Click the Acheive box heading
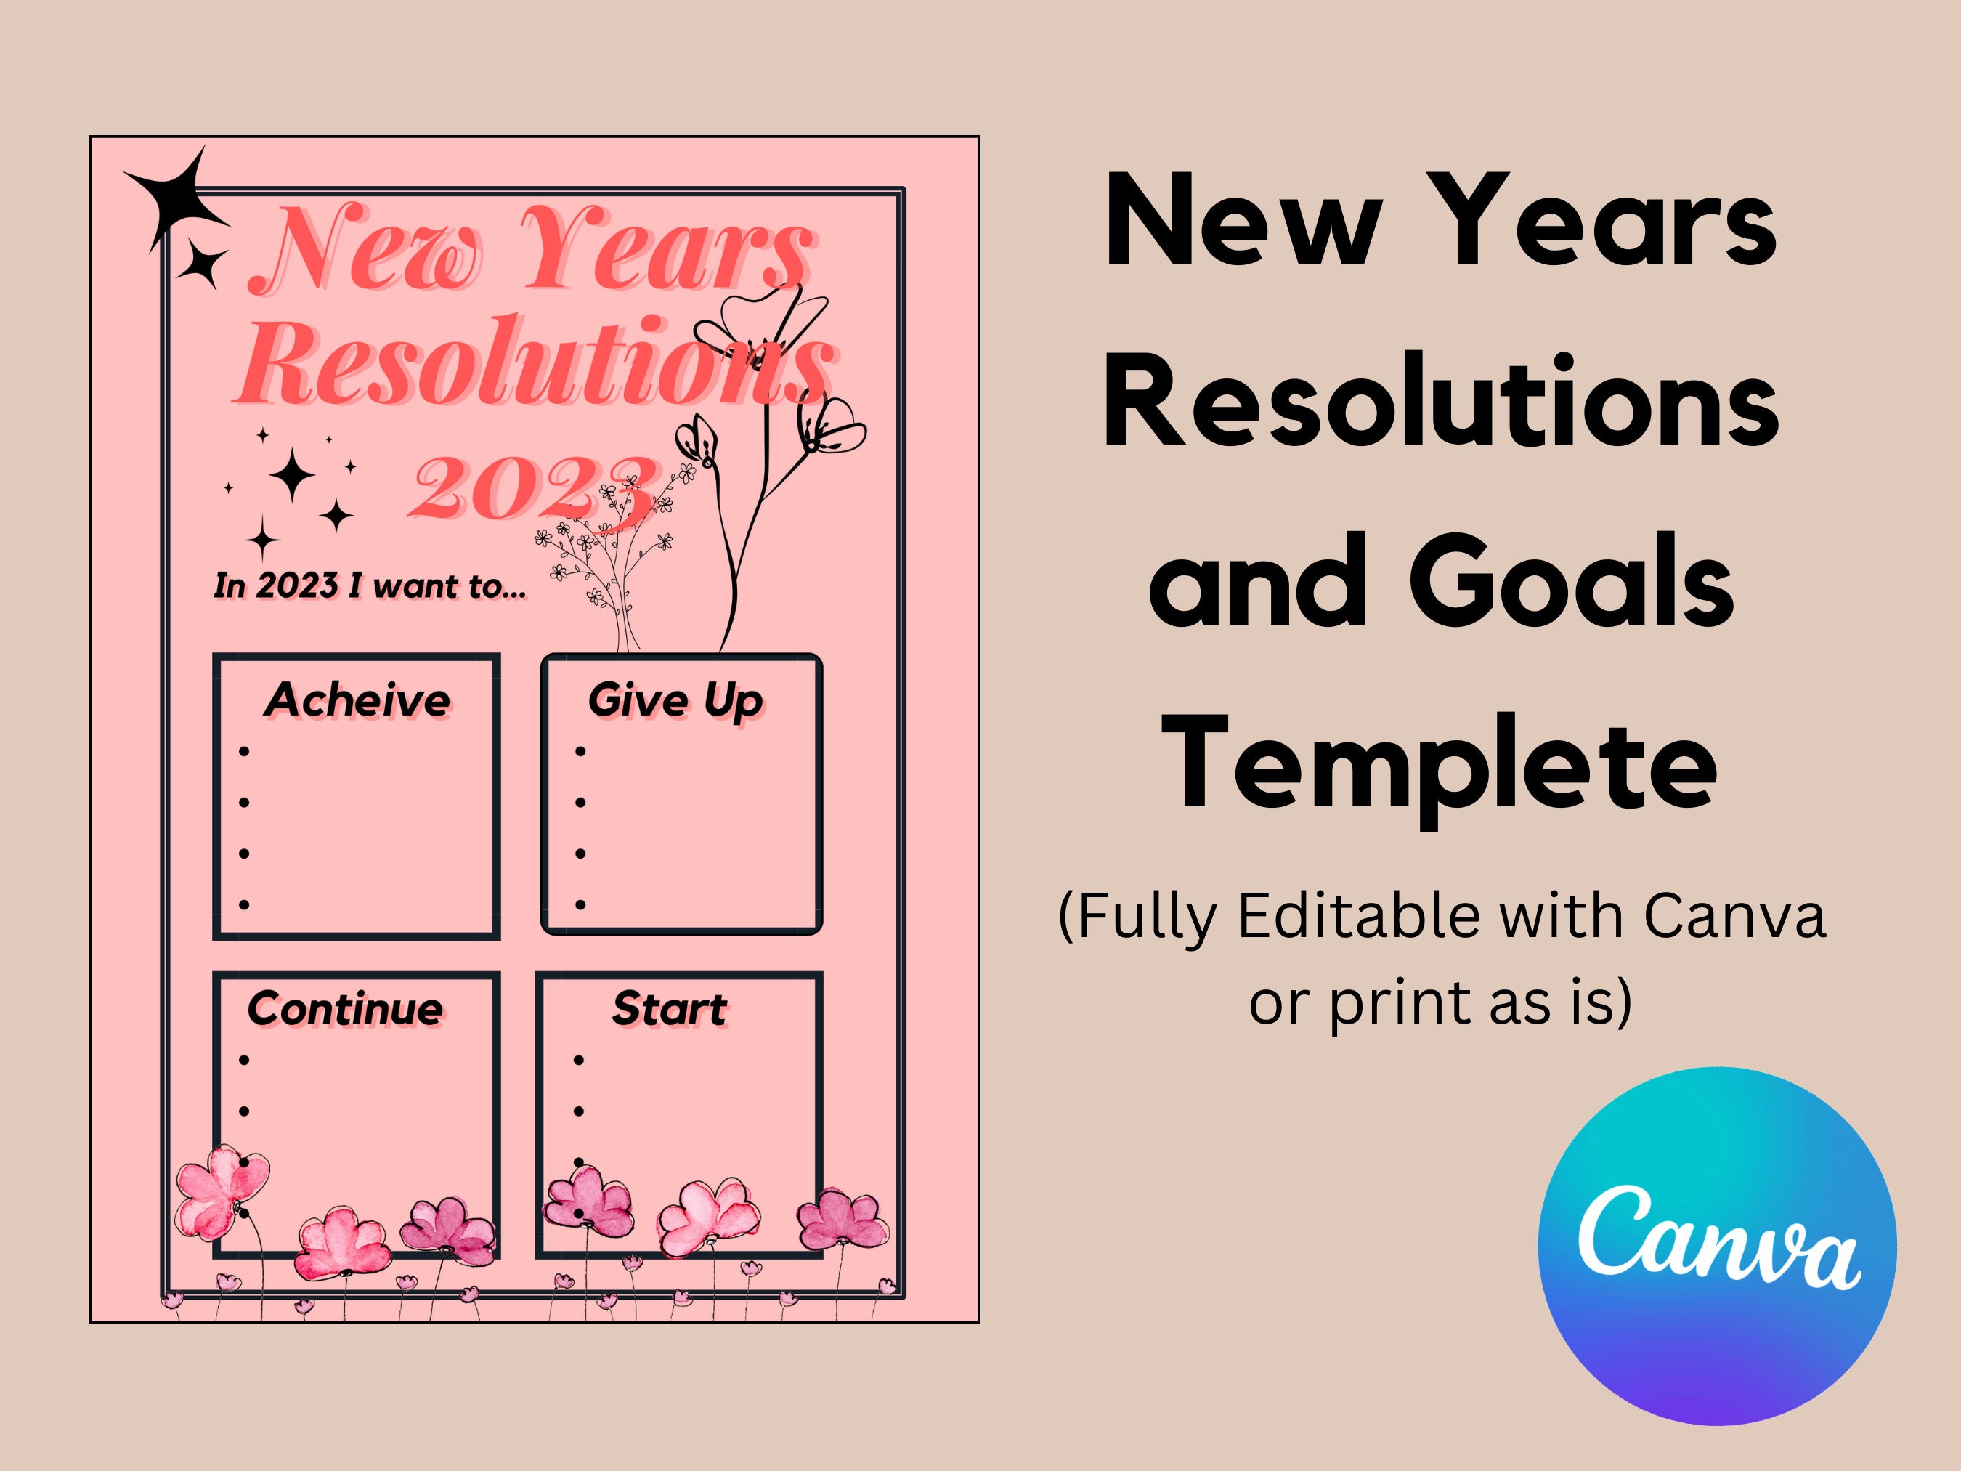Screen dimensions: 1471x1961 click(x=357, y=700)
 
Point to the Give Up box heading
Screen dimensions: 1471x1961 click(x=675, y=700)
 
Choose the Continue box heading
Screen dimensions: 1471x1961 click(x=345, y=1009)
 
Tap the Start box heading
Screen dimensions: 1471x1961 click(x=670, y=1009)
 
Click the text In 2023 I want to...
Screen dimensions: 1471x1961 click(x=370, y=586)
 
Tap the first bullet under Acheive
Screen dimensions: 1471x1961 click(x=244, y=752)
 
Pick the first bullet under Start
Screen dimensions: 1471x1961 click(x=579, y=1061)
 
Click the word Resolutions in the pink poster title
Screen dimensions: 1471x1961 click(x=532, y=363)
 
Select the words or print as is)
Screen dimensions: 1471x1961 click(x=1440, y=1002)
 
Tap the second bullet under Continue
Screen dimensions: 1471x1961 click(x=244, y=1111)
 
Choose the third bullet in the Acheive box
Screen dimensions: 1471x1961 click(x=244, y=854)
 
